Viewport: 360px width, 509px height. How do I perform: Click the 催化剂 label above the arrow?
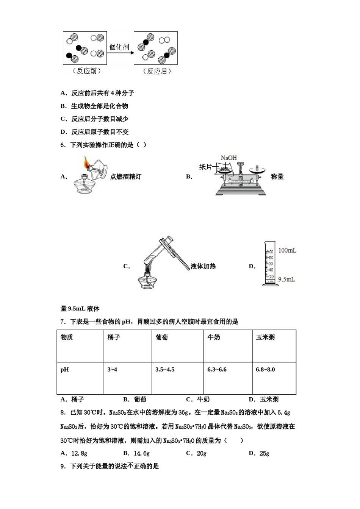[x=119, y=47]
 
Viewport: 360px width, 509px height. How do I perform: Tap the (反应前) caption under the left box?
[x=86, y=71]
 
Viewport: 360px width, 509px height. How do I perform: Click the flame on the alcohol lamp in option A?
[x=87, y=164]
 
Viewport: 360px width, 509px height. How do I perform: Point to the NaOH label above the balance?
[x=229, y=158]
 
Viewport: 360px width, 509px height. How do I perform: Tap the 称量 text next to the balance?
[x=277, y=176]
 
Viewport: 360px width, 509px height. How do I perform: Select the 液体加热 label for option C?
[x=203, y=266]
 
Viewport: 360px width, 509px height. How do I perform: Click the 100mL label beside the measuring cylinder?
[x=287, y=250]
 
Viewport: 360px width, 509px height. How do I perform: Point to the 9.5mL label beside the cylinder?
[x=286, y=279]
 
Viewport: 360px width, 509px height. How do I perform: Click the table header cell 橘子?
[x=114, y=337]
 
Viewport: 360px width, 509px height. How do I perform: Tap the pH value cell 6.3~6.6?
[x=217, y=369]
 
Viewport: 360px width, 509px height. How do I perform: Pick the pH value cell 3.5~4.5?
[x=165, y=369]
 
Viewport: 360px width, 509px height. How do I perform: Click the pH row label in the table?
[x=65, y=369]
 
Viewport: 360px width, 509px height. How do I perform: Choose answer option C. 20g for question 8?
[x=196, y=453]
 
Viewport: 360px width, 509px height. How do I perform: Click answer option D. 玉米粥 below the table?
[x=264, y=399]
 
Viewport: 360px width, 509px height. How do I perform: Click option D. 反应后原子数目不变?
[x=95, y=132]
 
